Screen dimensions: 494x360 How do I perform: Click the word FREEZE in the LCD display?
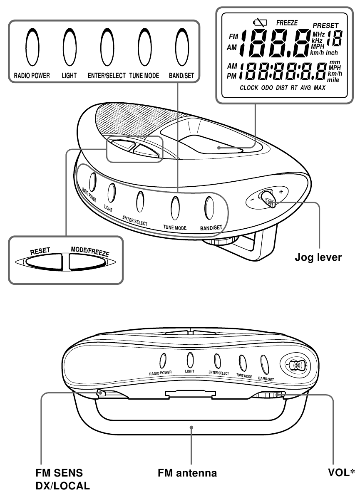[287, 23]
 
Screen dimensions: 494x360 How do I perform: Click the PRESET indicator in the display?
[325, 26]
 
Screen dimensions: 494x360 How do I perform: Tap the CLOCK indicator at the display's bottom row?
[249, 88]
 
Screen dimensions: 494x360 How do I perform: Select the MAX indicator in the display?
[320, 88]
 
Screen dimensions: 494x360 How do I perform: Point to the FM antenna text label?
[187, 473]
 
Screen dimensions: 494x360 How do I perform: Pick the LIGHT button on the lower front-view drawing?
[190, 359]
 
